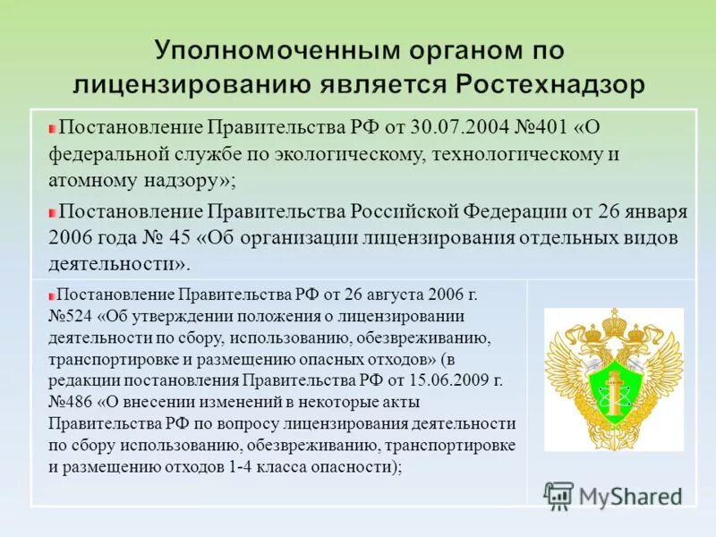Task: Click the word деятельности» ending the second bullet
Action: (121, 264)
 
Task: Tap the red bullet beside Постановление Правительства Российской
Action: (53, 213)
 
